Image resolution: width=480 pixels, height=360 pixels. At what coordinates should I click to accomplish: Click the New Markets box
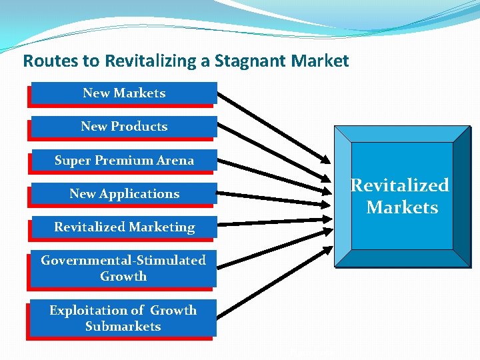124,93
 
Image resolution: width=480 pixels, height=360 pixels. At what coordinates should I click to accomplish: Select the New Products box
124,127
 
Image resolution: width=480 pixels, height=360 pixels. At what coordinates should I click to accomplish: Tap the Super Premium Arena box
124,161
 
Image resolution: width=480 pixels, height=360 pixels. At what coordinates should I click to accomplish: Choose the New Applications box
124,194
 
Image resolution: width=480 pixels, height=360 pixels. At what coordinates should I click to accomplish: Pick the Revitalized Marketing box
124,227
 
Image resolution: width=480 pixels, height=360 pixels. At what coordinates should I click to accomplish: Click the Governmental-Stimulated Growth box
123,268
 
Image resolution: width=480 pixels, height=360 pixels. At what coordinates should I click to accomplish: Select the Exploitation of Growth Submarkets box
123,318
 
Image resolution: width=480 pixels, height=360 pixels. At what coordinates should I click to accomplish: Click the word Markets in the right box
402,207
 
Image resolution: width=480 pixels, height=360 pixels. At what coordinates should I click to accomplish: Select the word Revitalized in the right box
400,185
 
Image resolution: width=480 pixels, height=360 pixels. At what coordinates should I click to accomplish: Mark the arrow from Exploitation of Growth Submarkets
273,283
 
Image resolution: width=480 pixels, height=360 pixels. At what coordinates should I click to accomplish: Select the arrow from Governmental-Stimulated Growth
273,246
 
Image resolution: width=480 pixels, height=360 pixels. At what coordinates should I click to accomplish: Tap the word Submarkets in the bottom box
123,327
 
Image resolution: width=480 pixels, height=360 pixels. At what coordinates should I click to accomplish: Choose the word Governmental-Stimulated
123,260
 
